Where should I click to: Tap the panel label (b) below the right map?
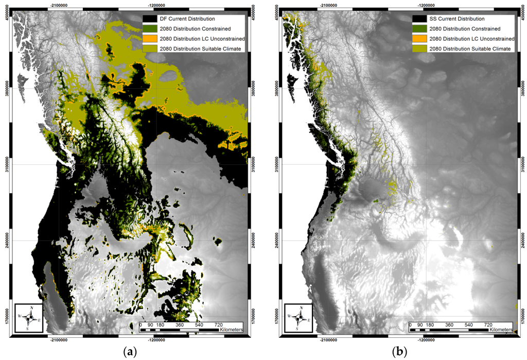(x=399, y=352)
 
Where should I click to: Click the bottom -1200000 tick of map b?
(x=425, y=340)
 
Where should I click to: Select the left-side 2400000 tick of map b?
(x=277, y=240)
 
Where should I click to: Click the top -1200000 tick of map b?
(x=425, y=4)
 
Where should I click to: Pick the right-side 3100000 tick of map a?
(x=254, y=164)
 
